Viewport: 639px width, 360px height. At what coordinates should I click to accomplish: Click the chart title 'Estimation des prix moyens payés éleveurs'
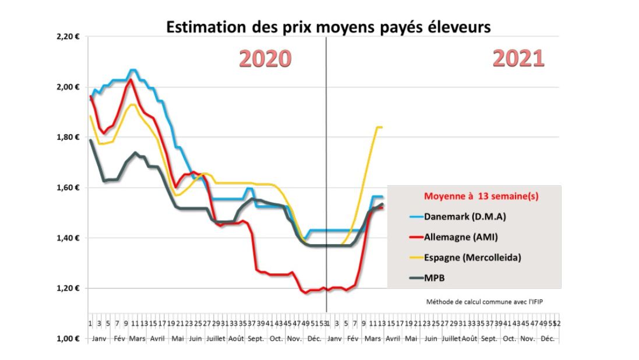click(x=329, y=27)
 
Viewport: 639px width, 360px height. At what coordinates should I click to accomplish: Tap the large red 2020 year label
click(x=265, y=59)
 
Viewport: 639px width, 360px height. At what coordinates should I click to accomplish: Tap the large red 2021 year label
click(x=518, y=58)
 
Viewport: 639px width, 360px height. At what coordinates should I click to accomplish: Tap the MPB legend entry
click(x=435, y=278)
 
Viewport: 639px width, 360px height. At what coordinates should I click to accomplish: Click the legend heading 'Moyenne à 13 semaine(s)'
click(x=473, y=197)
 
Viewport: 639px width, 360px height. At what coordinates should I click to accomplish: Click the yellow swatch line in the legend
click(x=410, y=258)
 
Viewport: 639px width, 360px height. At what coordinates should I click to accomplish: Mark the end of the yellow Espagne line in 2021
click(x=382, y=127)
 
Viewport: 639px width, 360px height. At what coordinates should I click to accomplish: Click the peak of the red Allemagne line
click(x=131, y=80)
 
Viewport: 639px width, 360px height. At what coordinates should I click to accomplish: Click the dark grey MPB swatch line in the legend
click(x=410, y=278)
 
